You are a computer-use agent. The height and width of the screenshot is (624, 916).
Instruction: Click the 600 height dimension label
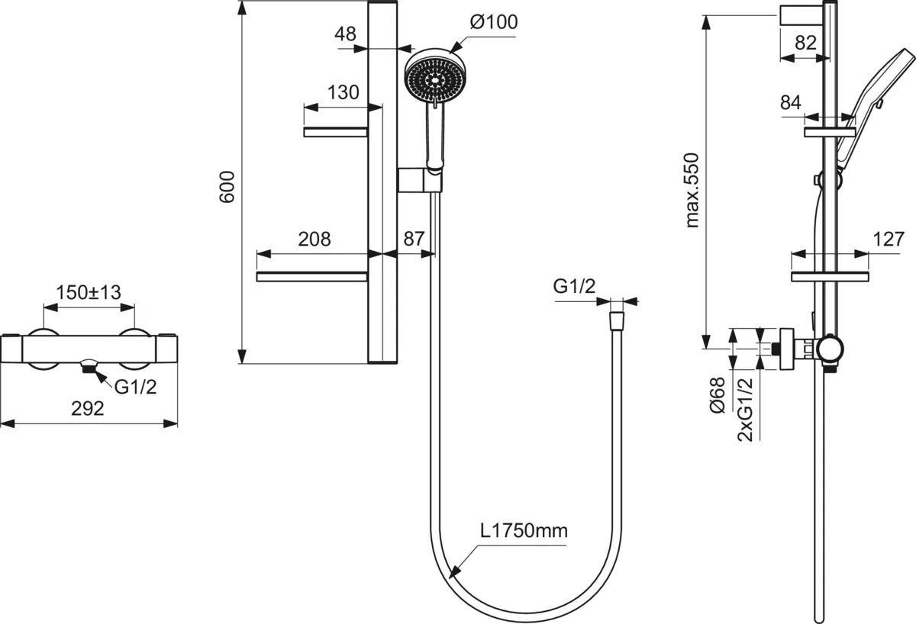click(227, 186)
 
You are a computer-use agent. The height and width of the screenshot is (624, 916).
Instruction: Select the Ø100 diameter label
click(493, 22)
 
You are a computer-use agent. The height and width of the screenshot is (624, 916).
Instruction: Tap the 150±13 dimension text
click(89, 292)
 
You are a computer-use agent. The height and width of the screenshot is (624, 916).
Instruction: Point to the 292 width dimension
click(88, 408)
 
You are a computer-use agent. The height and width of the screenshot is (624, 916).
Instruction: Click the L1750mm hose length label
click(524, 530)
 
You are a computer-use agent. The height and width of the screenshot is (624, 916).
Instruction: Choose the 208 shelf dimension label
click(314, 239)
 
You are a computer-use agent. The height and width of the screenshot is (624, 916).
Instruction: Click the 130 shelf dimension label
click(343, 92)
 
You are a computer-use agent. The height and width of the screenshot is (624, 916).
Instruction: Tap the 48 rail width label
click(345, 34)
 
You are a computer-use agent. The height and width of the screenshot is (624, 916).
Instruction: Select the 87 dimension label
click(413, 239)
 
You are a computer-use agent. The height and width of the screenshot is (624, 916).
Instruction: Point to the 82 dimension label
click(805, 43)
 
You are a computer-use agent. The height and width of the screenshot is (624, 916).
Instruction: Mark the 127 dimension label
click(888, 239)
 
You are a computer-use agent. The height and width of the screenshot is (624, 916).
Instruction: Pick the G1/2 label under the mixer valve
click(136, 387)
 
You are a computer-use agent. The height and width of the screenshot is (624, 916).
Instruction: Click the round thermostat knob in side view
click(829, 349)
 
